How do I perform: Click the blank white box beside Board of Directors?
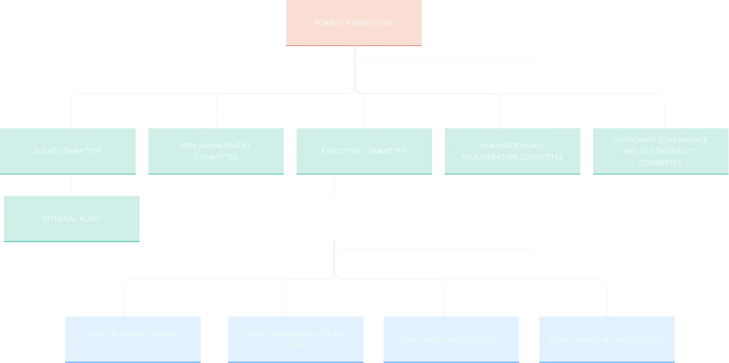point(597,56)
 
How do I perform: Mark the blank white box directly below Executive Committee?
point(334,219)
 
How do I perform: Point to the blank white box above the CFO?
point(597,250)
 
